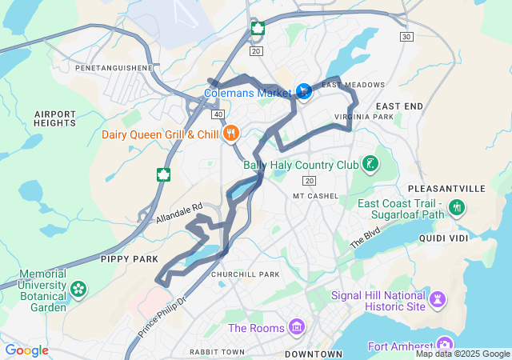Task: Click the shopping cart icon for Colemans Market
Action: (303, 91)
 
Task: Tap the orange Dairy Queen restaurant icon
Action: (230, 134)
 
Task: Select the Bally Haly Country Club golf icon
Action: (370, 165)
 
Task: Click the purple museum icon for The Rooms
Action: (297, 327)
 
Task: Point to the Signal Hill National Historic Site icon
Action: (437, 300)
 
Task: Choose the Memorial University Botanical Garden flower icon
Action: (78, 288)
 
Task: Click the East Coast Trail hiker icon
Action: (458, 209)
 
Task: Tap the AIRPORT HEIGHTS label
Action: (54, 118)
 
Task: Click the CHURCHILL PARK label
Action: (245, 274)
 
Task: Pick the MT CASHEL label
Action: (316, 195)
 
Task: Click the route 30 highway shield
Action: (407, 37)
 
